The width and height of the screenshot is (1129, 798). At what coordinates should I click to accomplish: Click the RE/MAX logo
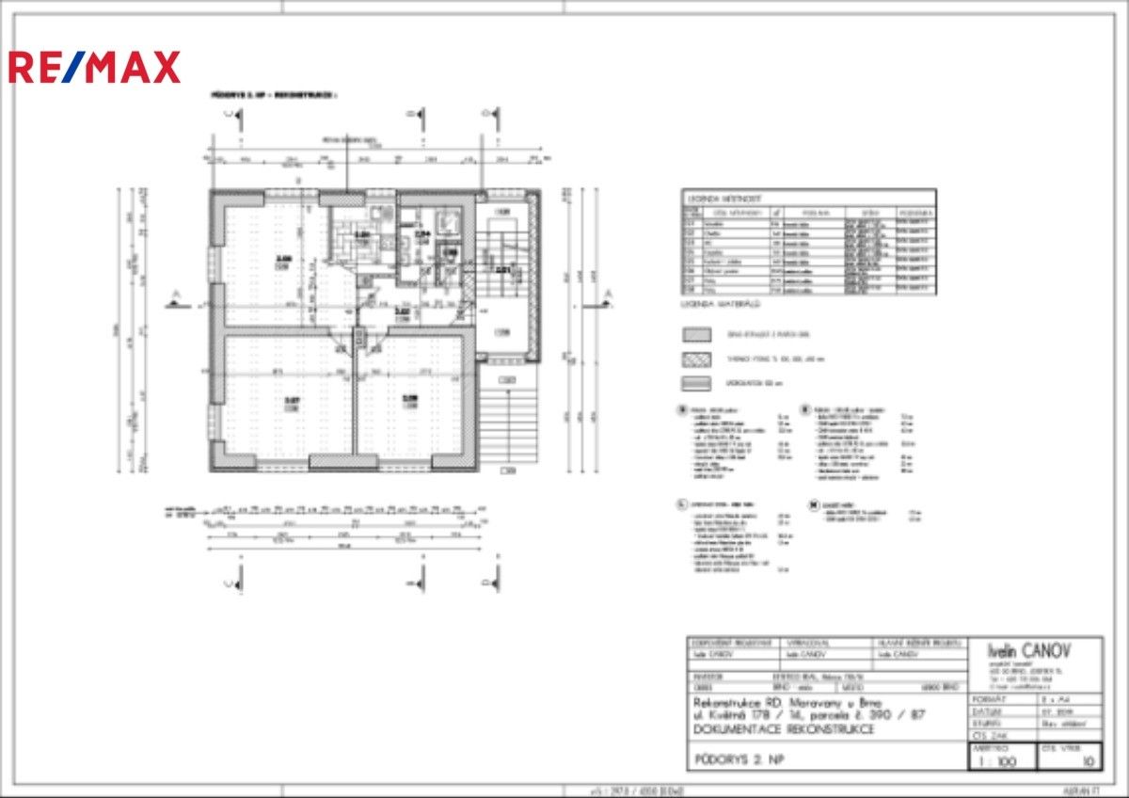coord(94,67)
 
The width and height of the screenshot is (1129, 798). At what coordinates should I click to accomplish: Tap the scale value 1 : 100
coord(999,761)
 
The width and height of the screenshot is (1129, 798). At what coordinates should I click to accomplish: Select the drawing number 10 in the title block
coord(1088,761)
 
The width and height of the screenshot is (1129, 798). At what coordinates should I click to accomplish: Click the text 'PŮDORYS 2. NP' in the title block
coord(739,759)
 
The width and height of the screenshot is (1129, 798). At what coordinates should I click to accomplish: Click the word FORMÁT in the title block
coord(988,700)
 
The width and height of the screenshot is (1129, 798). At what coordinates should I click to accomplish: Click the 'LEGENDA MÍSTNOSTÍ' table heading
coord(720,199)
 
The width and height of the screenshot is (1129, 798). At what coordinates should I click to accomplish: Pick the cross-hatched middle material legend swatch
coord(697,359)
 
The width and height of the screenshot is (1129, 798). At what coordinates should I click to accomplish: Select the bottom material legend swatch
coord(697,382)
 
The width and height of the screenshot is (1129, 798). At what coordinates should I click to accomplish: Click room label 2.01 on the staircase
coord(502,271)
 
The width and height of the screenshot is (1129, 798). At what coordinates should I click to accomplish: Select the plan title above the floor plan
coord(273,95)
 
